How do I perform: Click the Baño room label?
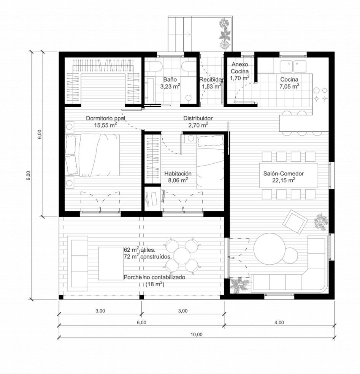click(170, 79)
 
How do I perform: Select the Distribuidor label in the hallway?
click(198, 118)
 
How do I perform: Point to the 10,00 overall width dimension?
click(197, 335)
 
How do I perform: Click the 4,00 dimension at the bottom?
click(279, 322)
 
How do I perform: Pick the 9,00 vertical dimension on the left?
click(29, 175)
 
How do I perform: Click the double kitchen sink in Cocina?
click(293, 66)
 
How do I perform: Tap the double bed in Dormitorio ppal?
click(92, 155)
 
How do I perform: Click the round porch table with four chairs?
click(182, 256)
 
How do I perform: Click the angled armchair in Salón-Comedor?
click(295, 222)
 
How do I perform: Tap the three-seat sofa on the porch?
click(78, 264)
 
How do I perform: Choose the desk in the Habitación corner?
click(153, 200)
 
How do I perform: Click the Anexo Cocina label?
click(239, 68)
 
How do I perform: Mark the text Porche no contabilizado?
click(154, 277)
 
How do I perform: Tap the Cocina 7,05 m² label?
click(289, 83)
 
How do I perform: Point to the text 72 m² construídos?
click(147, 257)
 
